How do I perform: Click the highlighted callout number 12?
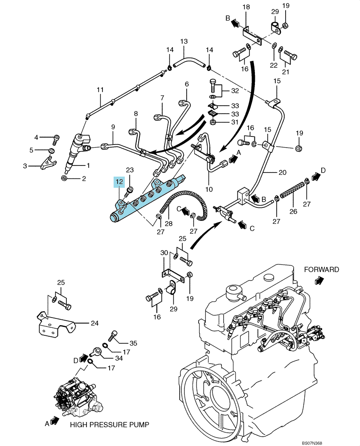coord(119,181)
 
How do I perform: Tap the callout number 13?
coord(184,41)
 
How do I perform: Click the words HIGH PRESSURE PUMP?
coord(110,425)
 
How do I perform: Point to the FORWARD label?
coord(321,269)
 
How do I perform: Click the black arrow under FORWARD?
coord(319,281)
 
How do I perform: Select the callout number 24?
coord(94,323)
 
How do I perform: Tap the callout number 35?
coord(133,343)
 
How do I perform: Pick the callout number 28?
coord(168,223)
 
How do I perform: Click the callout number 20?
coord(282,172)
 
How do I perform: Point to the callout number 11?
coord(100,90)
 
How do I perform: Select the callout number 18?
coord(246,7)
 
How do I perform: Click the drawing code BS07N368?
coord(312,443)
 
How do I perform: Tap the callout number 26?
coord(293,211)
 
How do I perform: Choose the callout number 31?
coord(235,122)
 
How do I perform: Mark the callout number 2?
coord(84,179)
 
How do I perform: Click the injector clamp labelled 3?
coord(49,163)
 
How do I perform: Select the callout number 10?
coord(209,189)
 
